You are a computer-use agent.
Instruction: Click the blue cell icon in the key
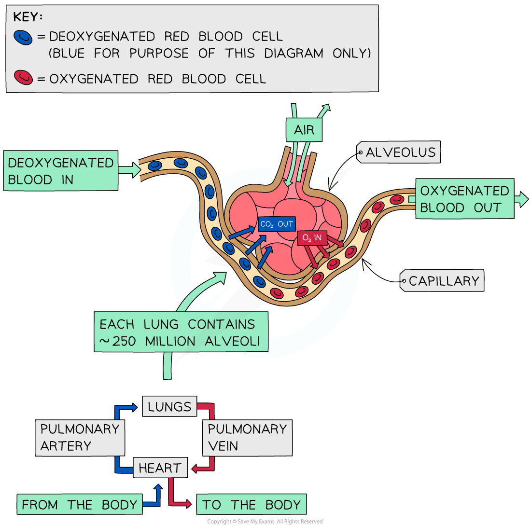pos(23,37)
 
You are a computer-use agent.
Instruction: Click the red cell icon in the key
pos(23,77)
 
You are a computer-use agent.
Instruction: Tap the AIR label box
pos(304,130)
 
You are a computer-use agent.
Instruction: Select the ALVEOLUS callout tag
pos(399,152)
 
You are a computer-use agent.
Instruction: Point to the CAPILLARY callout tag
pos(442,281)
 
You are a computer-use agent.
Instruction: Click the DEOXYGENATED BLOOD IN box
pos(60,171)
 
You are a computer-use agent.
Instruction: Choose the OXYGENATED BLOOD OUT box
pos(464,199)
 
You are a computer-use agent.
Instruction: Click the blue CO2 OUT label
pos(277,224)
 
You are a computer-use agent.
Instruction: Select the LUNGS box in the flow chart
pos(169,407)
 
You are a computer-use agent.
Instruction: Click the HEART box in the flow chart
pos(160,468)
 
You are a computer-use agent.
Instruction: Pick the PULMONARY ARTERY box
pos(80,437)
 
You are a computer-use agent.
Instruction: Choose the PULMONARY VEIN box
pos(247,437)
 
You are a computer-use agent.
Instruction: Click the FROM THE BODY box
pos(80,505)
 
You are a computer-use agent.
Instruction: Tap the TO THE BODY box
pos(251,505)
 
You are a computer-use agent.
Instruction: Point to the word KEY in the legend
pos(27,17)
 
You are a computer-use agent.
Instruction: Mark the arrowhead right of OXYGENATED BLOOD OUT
pos(523,199)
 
